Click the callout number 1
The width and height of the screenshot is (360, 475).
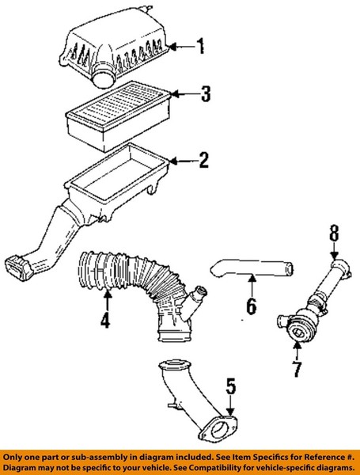coord(200,47)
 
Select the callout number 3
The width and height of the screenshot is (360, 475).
coord(206,93)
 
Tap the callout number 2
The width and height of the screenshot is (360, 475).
coord(204,160)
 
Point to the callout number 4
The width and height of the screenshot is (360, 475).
coord(105,319)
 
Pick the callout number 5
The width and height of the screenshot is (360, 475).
coord(231,386)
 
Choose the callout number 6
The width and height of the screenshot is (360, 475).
coord(252,306)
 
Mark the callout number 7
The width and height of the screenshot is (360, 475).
coord(297,369)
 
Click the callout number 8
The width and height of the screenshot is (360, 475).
coord(334,234)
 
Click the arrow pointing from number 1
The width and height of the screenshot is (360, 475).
coord(182,47)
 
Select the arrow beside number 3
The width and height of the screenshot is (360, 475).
coord(185,94)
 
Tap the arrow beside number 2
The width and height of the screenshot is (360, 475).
coord(184,161)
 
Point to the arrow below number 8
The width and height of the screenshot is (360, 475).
coord(334,252)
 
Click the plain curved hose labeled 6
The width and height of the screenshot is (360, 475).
coord(252,268)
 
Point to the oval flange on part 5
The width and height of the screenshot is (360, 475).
coord(218,430)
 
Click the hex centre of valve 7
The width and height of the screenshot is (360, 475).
coord(297,333)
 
